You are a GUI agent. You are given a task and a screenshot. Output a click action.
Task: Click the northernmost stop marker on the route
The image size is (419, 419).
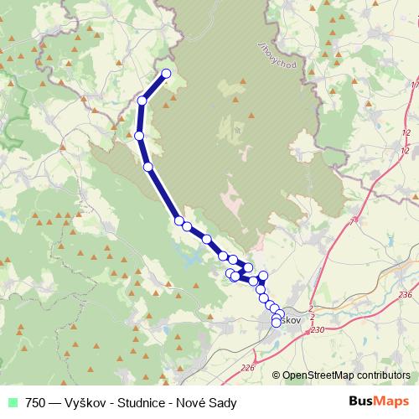(166, 74)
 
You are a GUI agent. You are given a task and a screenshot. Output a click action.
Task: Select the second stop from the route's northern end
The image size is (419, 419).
(142, 101)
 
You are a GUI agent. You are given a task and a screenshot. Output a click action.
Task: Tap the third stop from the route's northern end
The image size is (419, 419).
(139, 135)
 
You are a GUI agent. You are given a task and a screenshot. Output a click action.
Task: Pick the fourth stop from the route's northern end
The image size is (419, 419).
(148, 167)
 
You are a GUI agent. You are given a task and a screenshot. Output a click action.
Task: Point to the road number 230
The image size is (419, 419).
(317, 330)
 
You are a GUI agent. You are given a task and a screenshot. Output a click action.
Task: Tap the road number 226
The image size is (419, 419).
(247, 367)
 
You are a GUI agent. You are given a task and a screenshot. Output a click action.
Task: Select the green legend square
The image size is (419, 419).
(10, 401)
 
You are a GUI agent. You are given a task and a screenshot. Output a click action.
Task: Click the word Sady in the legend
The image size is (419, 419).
(224, 401)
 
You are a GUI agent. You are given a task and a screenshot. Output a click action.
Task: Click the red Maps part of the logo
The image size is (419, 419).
(393, 401)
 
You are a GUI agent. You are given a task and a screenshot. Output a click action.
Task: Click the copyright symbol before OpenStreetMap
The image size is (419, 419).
(277, 376)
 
